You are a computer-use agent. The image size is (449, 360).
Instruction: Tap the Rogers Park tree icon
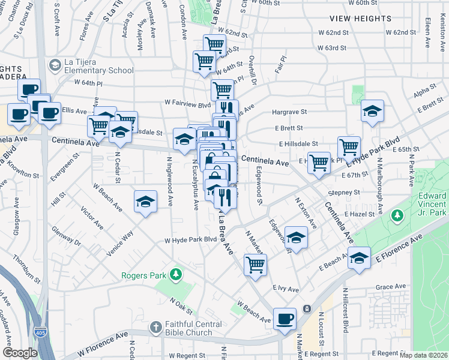click(175, 275)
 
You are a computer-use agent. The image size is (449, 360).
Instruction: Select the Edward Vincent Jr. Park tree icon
click(396, 214)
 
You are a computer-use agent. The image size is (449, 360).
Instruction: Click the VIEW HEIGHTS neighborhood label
click(360, 19)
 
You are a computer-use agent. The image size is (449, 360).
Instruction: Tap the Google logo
click(20, 353)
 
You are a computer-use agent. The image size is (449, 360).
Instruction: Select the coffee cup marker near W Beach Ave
click(285, 319)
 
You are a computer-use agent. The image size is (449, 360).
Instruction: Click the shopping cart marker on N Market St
click(255, 264)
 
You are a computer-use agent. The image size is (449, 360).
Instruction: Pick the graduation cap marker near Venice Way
click(145, 202)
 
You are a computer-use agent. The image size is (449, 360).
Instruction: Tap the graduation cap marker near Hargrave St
click(372, 110)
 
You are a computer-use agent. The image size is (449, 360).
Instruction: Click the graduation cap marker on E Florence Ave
click(359, 258)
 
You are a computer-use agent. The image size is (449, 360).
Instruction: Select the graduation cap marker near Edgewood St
click(295, 237)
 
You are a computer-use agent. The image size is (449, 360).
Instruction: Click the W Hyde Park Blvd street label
click(191, 240)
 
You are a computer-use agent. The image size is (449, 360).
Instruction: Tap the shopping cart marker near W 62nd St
click(214, 44)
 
